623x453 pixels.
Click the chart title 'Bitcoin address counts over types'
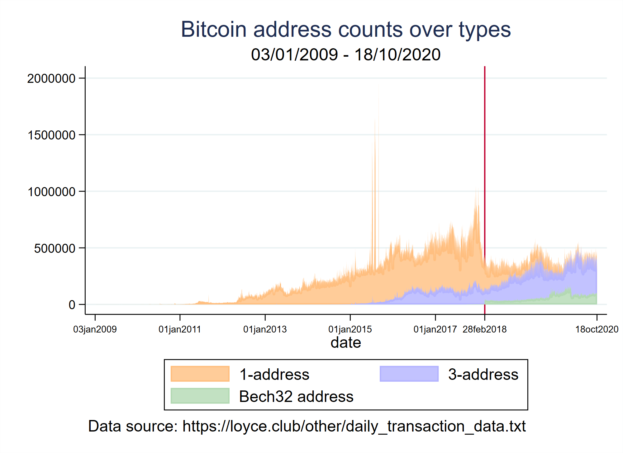pyautogui.click(x=346, y=30)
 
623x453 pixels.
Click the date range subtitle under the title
pyautogui.click(x=346, y=54)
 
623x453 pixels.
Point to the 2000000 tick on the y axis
pyautogui.click(x=51, y=78)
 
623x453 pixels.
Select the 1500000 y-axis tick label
pyautogui.click(x=51, y=135)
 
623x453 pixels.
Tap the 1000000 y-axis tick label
pyautogui.click(x=51, y=192)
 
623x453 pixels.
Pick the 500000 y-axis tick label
pyautogui.click(x=55, y=248)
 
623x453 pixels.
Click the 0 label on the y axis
pyautogui.click(x=72, y=305)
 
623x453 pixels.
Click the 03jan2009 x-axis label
pyautogui.click(x=95, y=329)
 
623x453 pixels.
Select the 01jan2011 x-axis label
pyautogui.click(x=180, y=329)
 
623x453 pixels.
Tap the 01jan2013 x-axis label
pyautogui.click(x=265, y=329)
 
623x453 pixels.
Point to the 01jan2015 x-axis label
pyautogui.click(x=350, y=329)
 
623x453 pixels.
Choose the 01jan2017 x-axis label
pyautogui.click(x=435, y=329)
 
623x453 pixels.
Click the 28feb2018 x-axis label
pyautogui.click(x=485, y=329)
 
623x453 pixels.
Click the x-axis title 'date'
pyautogui.click(x=346, y=342)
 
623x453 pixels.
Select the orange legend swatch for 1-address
pyautogui.click(x=200, y=374)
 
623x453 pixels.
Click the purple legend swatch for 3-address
pyautogui.click(x=409, y=374)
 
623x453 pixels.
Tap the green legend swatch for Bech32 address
pyautogui.click(x=200, y=396)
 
